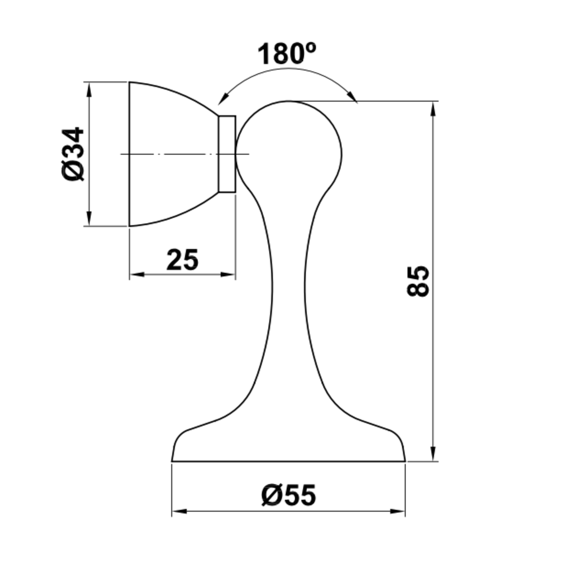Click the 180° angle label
287,53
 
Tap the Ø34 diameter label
72,154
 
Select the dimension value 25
182,259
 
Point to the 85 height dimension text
417,281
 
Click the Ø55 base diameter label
289,495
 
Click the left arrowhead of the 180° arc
223,98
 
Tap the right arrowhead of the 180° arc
352,96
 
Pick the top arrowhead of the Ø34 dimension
89,90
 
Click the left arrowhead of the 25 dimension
137,274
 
